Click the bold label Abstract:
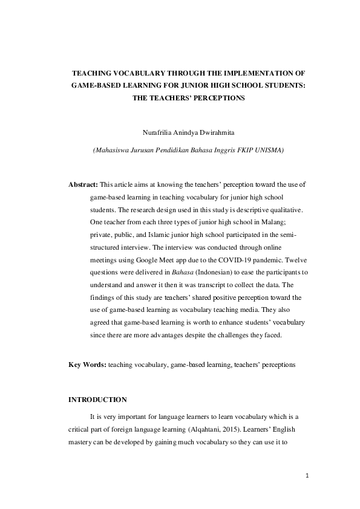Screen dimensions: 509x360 83,184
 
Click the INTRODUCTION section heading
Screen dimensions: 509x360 97,400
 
